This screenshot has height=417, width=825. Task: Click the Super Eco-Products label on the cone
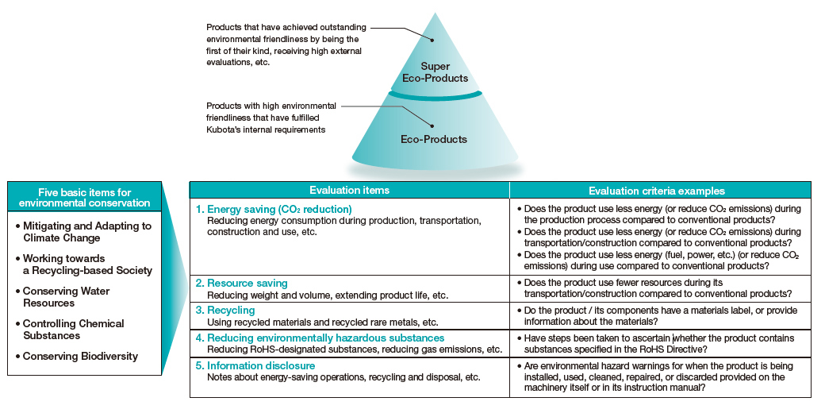[436, 72]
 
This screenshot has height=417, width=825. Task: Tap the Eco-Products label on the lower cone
[434, 139]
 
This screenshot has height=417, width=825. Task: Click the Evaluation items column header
[349, 190]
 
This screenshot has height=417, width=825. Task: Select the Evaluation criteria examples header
[657, 191]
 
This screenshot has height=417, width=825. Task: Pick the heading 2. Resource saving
[241, 284]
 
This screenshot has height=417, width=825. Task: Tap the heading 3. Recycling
[225, 310]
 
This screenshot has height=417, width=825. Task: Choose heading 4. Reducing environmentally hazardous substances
[320, 338]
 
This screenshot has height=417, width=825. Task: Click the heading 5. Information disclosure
[255, 365]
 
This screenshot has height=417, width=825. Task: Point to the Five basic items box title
[85, 198]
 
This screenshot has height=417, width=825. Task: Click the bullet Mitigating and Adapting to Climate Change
[83, 232]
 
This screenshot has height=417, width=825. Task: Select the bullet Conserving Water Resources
[63, 297]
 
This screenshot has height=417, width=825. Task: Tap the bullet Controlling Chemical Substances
[70, 330]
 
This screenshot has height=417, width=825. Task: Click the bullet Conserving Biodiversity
[77, 357]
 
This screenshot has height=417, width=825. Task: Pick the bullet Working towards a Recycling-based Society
[84, 264]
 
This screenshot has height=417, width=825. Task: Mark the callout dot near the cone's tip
[432, 40]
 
